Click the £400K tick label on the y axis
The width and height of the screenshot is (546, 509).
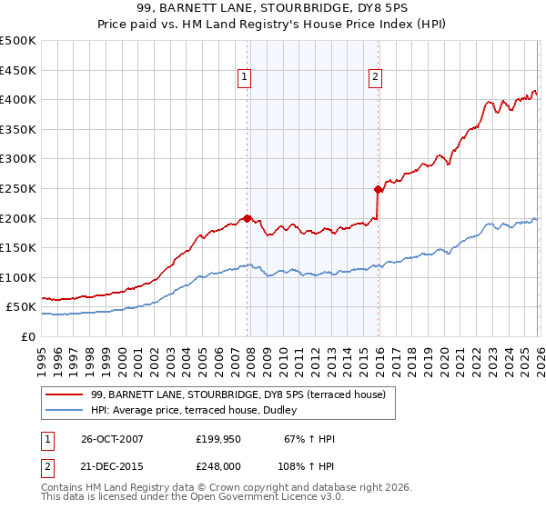pos(18,100)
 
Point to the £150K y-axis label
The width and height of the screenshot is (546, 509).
pos(18,247)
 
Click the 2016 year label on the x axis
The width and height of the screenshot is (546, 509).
pos(379,354)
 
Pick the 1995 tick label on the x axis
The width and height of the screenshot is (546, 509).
pos(42,354)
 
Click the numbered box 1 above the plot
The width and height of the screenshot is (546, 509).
pos(246,78)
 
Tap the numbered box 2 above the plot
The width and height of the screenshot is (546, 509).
pos(375,78)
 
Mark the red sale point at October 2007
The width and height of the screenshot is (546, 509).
pos(248,218)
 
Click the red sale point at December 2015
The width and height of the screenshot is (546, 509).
pos(378,189)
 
